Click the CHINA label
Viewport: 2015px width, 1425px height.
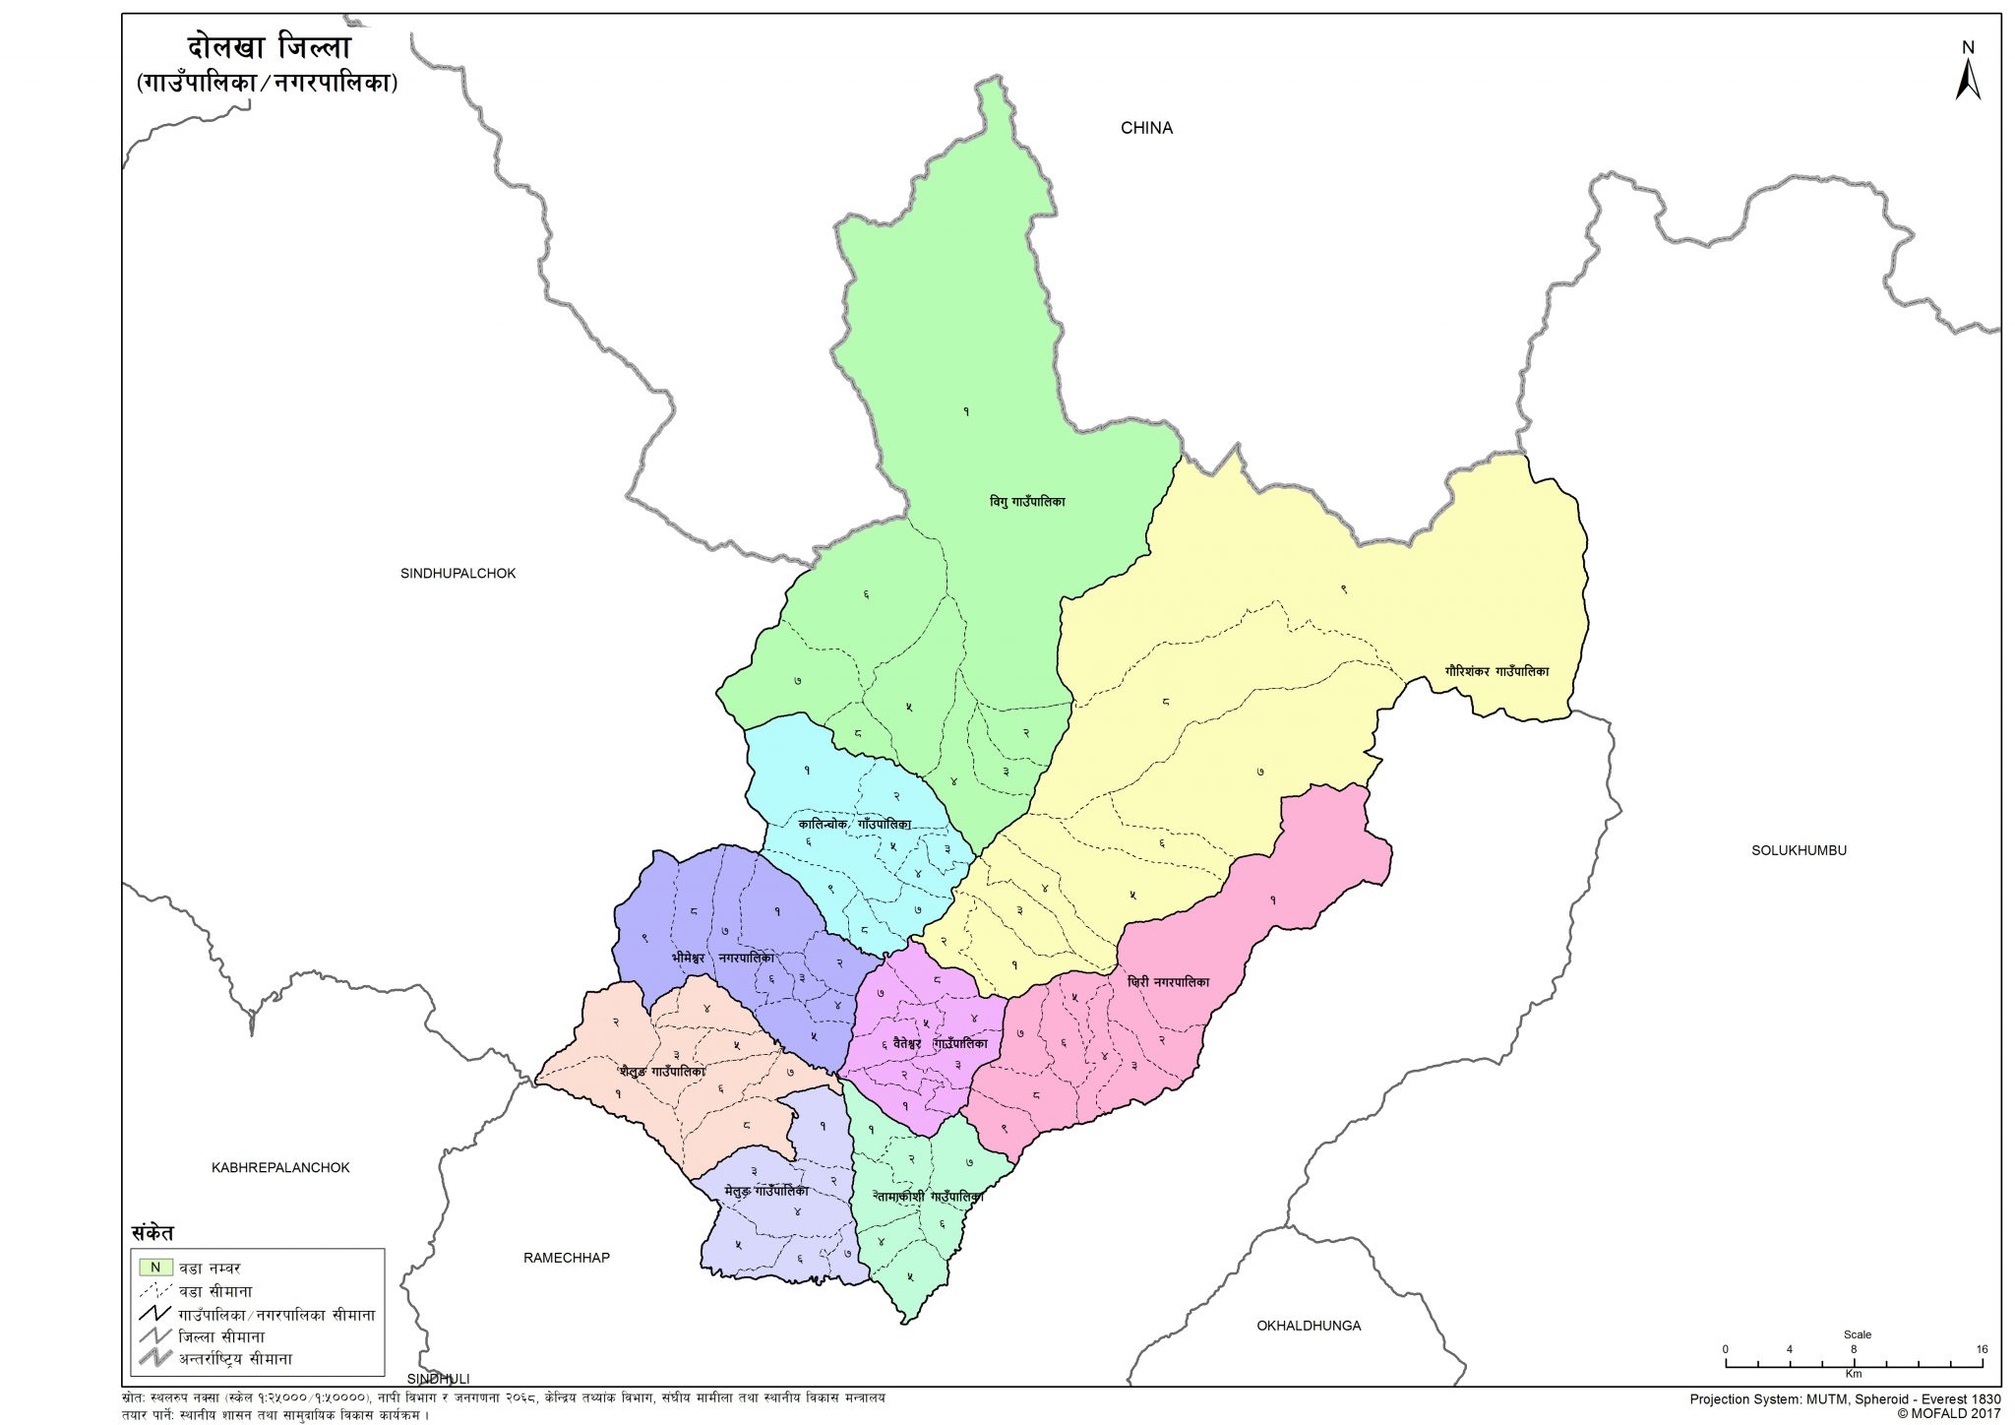point(1146,128)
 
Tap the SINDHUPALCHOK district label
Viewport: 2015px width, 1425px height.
point(458,574)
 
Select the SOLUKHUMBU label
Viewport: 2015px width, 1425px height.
point(1799,850)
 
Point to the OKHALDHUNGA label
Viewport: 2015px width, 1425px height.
point(1309,1326)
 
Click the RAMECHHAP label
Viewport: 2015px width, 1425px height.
point(567,1258)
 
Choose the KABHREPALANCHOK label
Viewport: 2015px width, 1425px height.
point(280,1168)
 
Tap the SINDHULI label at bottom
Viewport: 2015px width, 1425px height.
point(439,1379)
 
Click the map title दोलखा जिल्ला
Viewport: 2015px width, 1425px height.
point(269,47)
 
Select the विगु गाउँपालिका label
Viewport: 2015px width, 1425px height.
point(1027,502)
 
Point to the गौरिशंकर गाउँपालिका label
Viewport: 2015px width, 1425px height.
point(1496,671)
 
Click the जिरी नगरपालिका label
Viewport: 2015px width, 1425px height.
point(1169,982)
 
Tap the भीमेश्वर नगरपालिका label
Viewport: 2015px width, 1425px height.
point(723,958)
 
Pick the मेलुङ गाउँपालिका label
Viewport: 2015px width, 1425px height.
point(766,1192)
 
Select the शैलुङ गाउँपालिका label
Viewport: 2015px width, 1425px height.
point(662,1072)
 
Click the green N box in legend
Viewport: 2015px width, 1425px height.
point(155,1268)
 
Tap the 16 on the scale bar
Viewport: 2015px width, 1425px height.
point(1982,1349)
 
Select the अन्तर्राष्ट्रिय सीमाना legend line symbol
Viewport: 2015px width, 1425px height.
point(155,1359)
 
